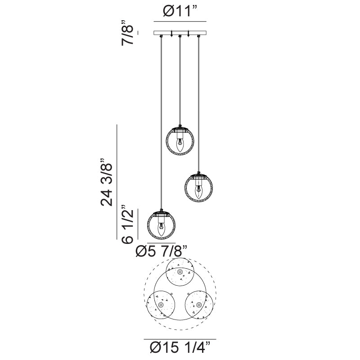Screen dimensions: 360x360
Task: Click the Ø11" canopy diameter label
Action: click(x=180, y=12)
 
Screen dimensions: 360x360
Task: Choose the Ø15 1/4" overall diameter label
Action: click(x=180, y=348)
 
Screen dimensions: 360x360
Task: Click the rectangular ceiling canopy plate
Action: click(x=180, y=33)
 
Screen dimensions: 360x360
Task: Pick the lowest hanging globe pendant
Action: click(x=162, y=225)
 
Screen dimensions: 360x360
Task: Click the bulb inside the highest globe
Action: click(x=180, y=144)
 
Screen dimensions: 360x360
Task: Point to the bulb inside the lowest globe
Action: click(x=162, y=229)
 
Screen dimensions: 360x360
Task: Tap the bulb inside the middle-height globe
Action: click(x=198, y=192)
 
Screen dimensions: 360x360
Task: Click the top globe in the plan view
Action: click(x=180, y=273)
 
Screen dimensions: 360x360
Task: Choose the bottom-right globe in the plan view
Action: click(x=198, y=305)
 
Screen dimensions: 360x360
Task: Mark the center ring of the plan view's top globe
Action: click(x=180, y=273)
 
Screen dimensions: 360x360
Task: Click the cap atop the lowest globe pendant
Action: click(x=162, y=212)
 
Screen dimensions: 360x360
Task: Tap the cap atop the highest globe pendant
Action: click(x=180, y=127)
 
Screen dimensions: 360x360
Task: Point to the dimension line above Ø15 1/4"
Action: click(x=180, y=339)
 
